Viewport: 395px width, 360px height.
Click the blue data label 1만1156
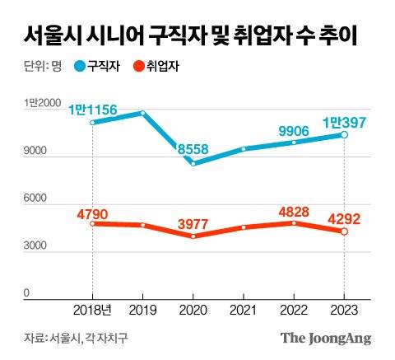coord(91,109)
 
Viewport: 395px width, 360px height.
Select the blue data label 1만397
coord(344,121)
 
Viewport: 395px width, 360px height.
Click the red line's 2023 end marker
coord(344,231)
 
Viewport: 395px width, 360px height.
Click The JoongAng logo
coord(326,338)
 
